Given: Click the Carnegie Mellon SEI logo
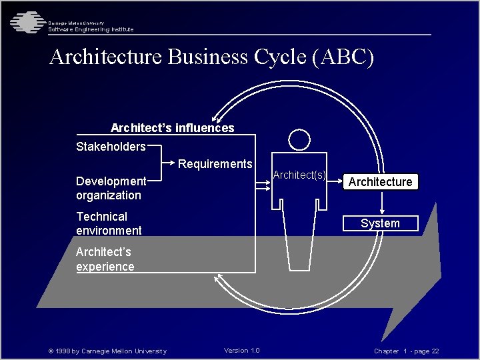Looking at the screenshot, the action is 25,23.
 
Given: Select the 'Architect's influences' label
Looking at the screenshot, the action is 172,128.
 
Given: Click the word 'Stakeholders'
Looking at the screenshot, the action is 111,147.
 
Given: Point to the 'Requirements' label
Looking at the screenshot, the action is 215,164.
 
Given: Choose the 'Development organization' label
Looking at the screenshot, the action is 110,188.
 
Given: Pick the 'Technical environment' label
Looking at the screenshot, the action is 109,223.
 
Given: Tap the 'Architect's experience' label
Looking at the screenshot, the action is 105,259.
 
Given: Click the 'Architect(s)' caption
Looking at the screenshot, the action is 300,175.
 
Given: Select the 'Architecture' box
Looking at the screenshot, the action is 381,182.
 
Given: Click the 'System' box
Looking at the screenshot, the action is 380,223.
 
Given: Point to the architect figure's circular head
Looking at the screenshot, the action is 299,139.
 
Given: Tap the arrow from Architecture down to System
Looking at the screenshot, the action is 380,203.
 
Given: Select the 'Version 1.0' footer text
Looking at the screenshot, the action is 242,351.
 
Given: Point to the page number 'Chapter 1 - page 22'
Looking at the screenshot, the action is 406,351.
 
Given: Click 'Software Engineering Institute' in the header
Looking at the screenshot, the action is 91,29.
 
